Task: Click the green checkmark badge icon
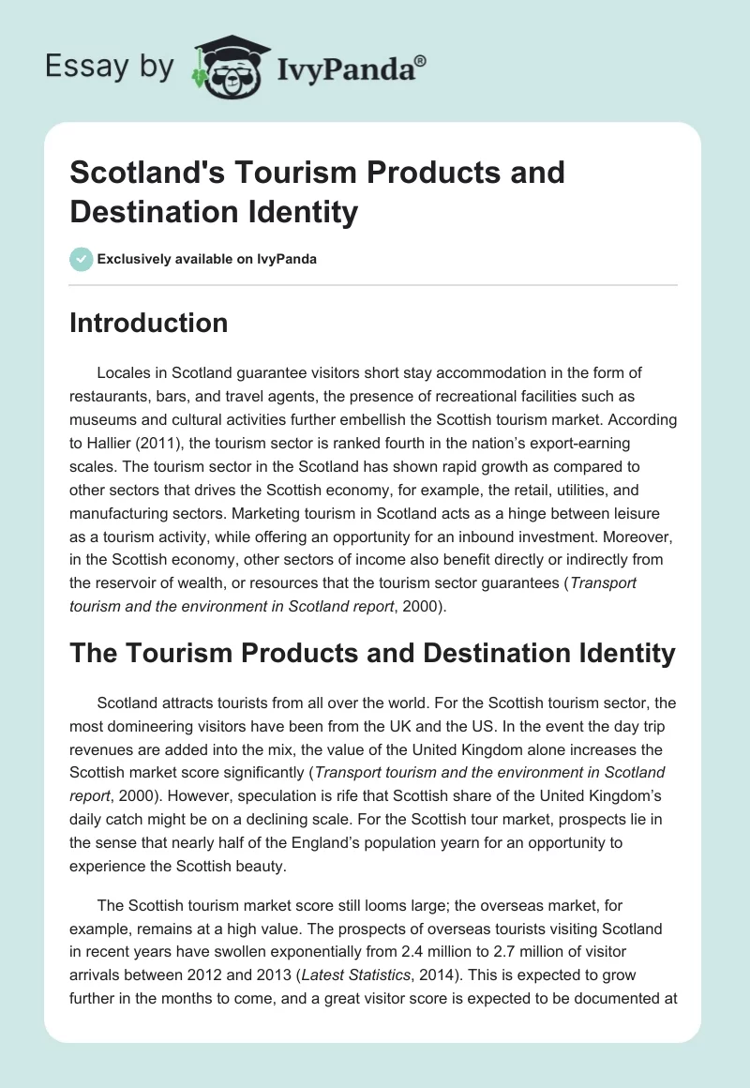coord(82,259)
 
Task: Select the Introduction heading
coord(149,323)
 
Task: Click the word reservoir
coord(128,582)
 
